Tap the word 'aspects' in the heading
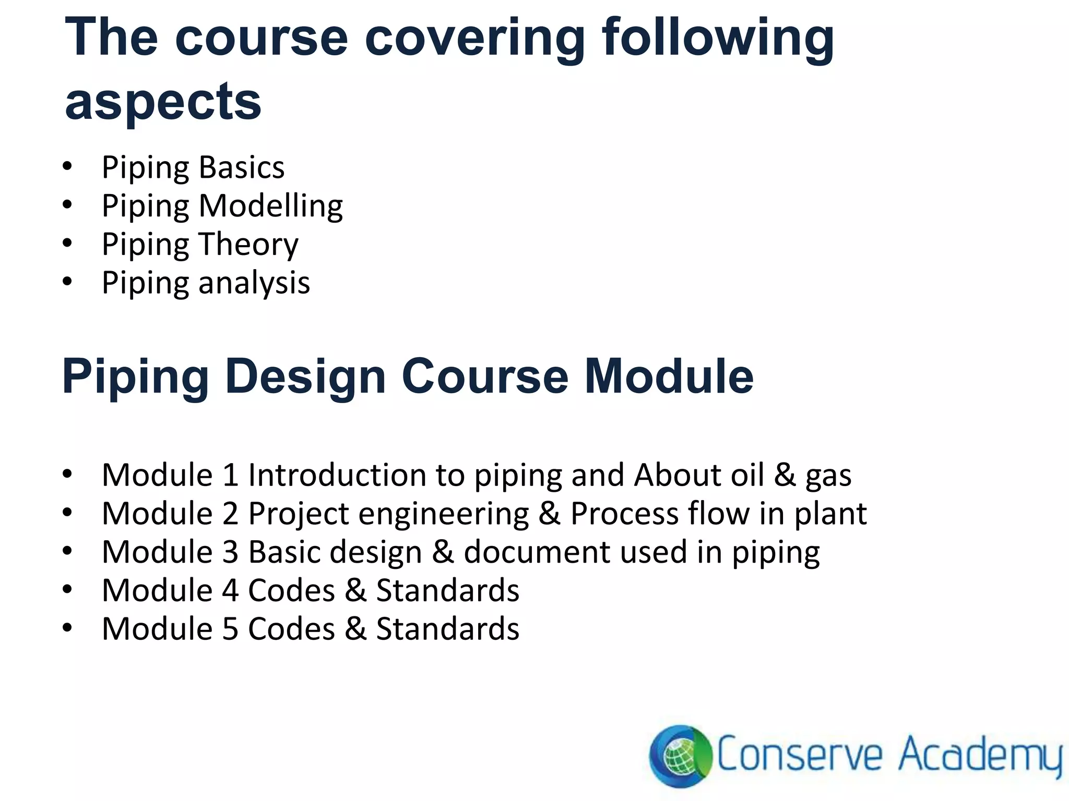163,102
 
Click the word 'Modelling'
270,205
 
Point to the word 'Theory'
248,244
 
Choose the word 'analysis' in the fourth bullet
254,283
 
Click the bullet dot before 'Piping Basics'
67,167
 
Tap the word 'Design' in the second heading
305,377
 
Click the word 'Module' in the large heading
669,377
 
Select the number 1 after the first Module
230,475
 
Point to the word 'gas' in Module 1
828,476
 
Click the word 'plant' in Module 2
830,514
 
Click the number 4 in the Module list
230,590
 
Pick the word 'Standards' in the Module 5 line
447,629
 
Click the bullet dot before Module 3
67,552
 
